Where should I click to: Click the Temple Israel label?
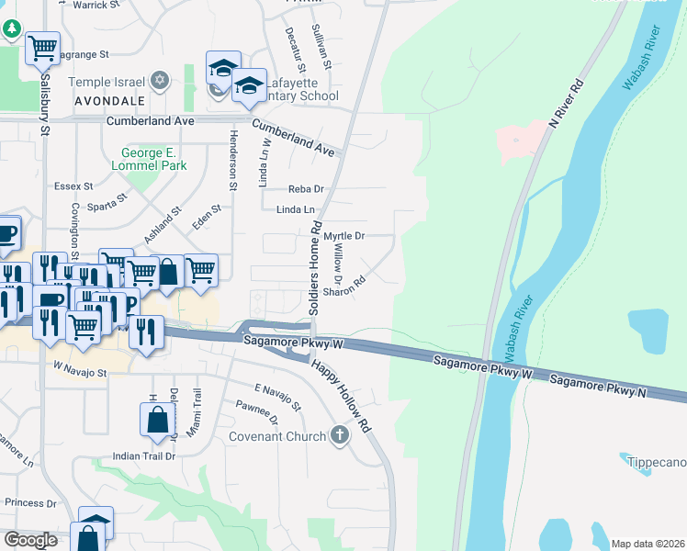coord(100,81)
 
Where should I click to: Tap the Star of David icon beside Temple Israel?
coord(160,81)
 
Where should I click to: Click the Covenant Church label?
coord(276,436)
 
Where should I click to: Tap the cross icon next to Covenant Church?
coord(340,434)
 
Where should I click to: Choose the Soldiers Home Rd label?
coord(314,266)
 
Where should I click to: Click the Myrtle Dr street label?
coord(344,236)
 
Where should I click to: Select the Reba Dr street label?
coord(307,189)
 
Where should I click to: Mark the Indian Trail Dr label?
coord(143,455)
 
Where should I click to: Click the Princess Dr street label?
coord(30,502)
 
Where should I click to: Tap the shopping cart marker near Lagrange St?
coord(42,48)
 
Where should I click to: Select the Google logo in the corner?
coord(30,540)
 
